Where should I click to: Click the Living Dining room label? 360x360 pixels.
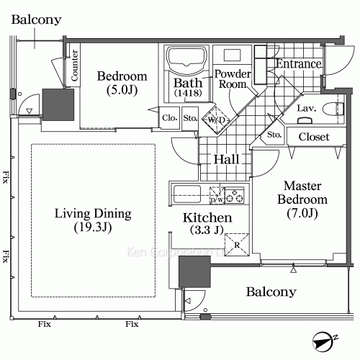[x=93, y=220]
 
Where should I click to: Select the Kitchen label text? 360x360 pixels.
[x=207, y=224]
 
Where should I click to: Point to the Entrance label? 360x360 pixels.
[x=298, y=64]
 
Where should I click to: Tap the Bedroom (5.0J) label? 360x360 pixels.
[x=122, y=83]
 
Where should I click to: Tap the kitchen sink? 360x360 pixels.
[x=188, y=193]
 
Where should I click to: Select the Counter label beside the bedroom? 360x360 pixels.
[x=73, y=64]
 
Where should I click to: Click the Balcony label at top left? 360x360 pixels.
[x=36, y=20]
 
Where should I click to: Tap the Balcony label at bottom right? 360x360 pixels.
[x=271, y=292]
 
